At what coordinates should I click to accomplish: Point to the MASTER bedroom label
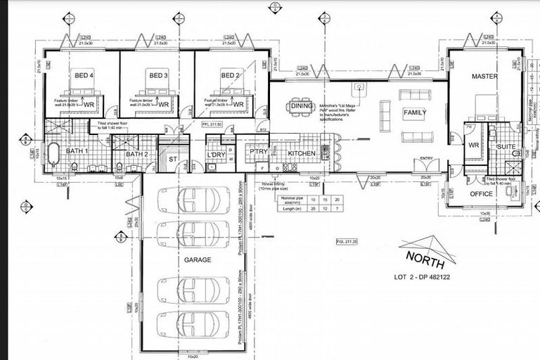click(x=484, y=76)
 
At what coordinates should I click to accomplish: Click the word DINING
click(x=302, y=106)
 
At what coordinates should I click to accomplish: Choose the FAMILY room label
click(x=415, y=113)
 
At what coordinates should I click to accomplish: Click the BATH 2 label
click(x=137, y=154)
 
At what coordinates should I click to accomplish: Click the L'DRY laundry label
click(x=215, y=155)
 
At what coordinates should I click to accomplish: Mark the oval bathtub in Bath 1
click(x=54, y=152)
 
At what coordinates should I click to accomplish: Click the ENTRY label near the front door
click(x=426, y=159)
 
